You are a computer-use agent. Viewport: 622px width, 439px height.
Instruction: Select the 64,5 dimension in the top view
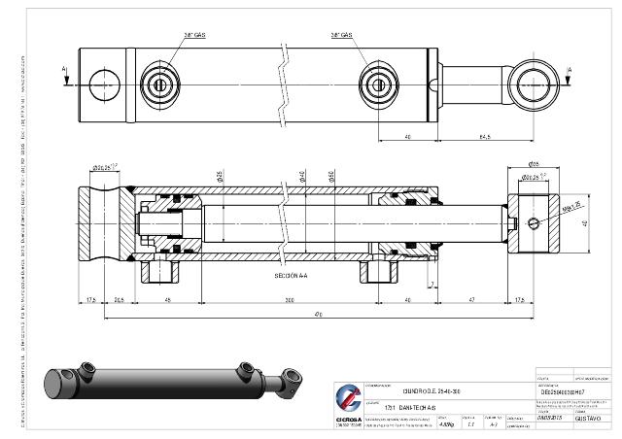click(482, 136)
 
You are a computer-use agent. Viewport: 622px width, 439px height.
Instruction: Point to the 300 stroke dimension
click(290, 299)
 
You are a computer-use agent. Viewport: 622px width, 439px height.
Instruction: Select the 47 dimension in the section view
click(470, 299)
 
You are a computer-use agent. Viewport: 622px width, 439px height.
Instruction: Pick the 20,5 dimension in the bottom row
click(119, 299)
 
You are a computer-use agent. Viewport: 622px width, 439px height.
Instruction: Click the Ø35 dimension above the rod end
click(534, 163)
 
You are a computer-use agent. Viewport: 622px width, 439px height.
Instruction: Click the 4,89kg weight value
click(446, 423)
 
